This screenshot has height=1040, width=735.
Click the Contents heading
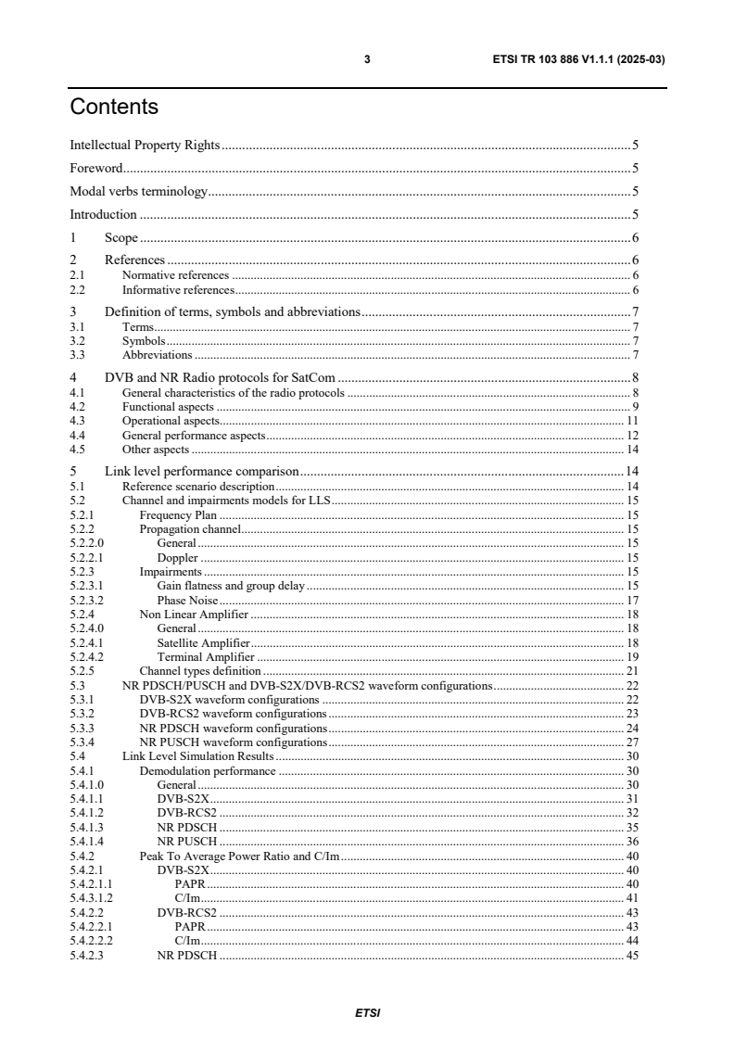(114, 108)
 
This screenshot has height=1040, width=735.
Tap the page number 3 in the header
(367, 60)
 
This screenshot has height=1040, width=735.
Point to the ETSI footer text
(367, 1012)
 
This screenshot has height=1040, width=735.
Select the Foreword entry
(97, 169)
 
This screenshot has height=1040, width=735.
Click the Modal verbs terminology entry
(138, 192)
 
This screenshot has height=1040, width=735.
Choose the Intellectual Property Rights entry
(145, 146)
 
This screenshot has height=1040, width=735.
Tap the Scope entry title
(121, 237)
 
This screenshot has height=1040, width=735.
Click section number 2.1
(78, 275)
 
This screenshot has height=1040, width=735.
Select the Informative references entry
(177, 290)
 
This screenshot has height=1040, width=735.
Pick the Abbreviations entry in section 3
(157, 354)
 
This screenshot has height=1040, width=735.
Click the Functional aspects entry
(168, 407)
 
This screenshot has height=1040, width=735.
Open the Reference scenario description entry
(198, 486)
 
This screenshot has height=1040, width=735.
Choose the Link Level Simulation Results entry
(197, 756)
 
